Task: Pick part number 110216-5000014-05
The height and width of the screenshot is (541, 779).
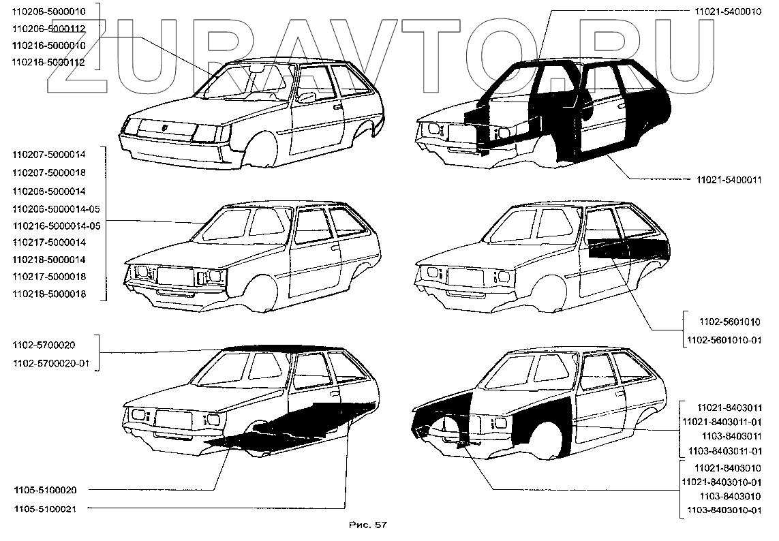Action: pos(57,226)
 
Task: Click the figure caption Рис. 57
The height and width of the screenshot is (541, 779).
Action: pos(367,525)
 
